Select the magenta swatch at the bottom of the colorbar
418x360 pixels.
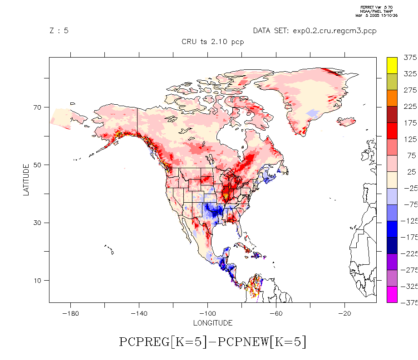pyautogui.click(x=392, y=294)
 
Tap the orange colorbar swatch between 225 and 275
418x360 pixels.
pyautogui.click(x=392, y=98)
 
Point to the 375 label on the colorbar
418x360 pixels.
pyautogui.click(x=410, y=58)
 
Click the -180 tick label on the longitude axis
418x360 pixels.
pyautogui.click(x=70, y=314)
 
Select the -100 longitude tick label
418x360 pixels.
pyautogui.click(x=207, y=314)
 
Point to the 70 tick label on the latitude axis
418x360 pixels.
pyautogui.click(x=36, y=107)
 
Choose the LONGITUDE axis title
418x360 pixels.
pyautogui.click(x=213, y=323)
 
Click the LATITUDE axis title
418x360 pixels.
pyautogui.click(x=26, y=180)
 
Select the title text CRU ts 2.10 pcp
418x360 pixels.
pyautogui.click(x=213, y=42)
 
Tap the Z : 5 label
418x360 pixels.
pyautogui.click(x=59, y=31)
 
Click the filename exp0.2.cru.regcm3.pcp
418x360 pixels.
pyautogui.click(x=315, y=31)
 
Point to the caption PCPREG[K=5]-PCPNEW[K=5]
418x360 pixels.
pyautogui.click(x=213, y=342)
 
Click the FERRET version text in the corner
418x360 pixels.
pyautogui.click(x=376, y=8)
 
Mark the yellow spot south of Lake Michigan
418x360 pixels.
pyautogui.click(x=226, y=196)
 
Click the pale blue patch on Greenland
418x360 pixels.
pyautogui.click(x=313, y=112)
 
